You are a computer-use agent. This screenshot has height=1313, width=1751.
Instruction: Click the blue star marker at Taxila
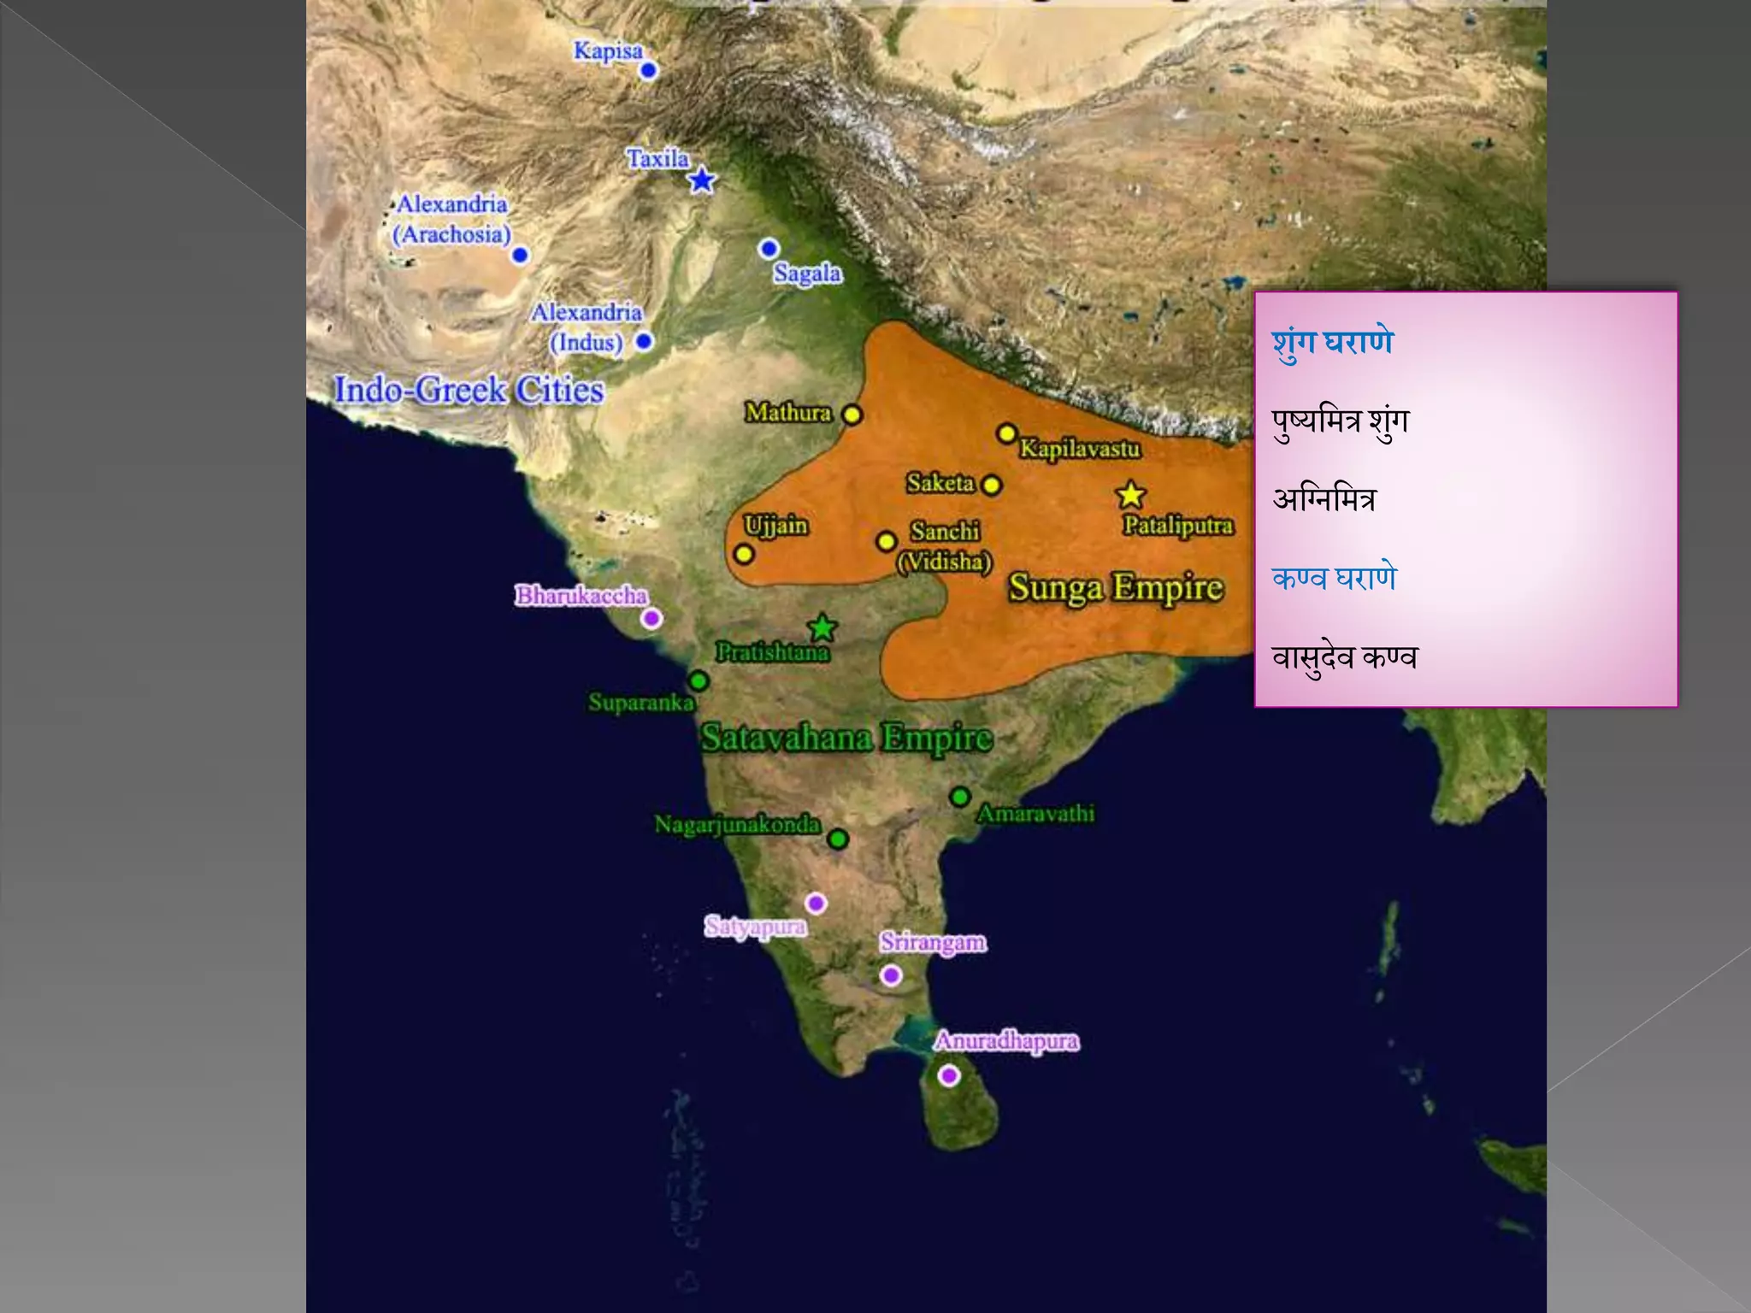[702, 180]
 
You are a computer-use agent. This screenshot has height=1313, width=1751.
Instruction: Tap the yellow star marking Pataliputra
[1130, 495]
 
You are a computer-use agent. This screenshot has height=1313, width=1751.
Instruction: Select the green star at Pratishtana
[822, 627]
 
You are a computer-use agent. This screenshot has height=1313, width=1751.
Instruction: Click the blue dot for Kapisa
[648, 70]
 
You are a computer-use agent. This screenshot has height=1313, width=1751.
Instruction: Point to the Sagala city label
[807, 274]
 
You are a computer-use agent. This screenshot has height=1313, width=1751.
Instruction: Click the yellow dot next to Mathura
[852, 415]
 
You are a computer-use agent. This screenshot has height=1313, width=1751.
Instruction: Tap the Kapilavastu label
[1079, 449]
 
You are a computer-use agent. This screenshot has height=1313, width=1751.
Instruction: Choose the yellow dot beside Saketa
[992, 486]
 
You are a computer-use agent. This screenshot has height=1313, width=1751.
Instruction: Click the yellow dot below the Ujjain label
[744, 554]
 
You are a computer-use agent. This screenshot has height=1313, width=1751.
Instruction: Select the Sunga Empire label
[1116, 588]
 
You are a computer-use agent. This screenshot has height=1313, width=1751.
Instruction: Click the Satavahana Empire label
[846, 738]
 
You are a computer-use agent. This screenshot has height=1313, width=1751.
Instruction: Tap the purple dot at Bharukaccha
[651, 618]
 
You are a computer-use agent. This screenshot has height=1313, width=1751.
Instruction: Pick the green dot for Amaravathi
[960, 797]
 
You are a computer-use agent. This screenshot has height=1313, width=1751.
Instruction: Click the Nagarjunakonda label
[737, 825]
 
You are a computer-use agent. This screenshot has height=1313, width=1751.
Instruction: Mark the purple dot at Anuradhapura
[948, 1075]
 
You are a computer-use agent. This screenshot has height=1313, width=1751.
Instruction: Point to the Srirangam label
[933, 942]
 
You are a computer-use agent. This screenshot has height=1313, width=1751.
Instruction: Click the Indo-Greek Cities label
[469, 390]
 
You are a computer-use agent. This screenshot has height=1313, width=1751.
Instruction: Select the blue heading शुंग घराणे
[1332, 342]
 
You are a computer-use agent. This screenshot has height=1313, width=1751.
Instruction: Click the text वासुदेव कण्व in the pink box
[1344, 657]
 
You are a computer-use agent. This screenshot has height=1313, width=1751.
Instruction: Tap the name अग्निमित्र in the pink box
[1324, 499]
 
